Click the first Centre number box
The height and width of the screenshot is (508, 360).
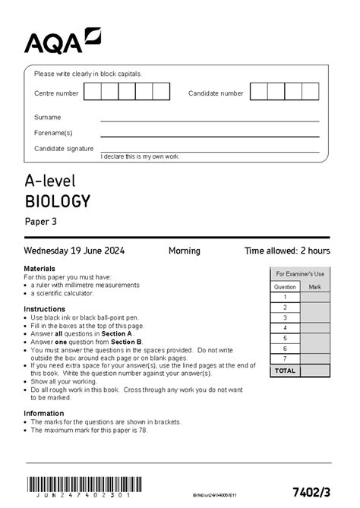point(93,92)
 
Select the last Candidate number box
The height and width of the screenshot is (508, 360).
point(311,92)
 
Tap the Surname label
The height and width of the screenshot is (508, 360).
point(47,118)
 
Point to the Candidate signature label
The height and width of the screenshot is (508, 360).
point(64,148)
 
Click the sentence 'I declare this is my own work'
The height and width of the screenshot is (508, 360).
point(140,156)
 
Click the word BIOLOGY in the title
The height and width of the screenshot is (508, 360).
point(58,201)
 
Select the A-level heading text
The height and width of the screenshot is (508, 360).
point(50,181)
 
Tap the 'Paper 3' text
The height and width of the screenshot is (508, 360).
point(40,222)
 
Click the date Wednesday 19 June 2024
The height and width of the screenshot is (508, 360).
point(74,251)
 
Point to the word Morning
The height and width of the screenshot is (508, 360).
point(184,251)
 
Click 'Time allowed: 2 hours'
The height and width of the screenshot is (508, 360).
point(287,251)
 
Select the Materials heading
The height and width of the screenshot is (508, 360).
point(39,269)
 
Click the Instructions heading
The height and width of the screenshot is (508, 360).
point(44,309)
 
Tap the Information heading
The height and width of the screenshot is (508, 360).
point(43,414)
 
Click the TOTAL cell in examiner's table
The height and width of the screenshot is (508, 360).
point(285,371)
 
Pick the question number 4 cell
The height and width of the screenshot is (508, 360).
point(285,328)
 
